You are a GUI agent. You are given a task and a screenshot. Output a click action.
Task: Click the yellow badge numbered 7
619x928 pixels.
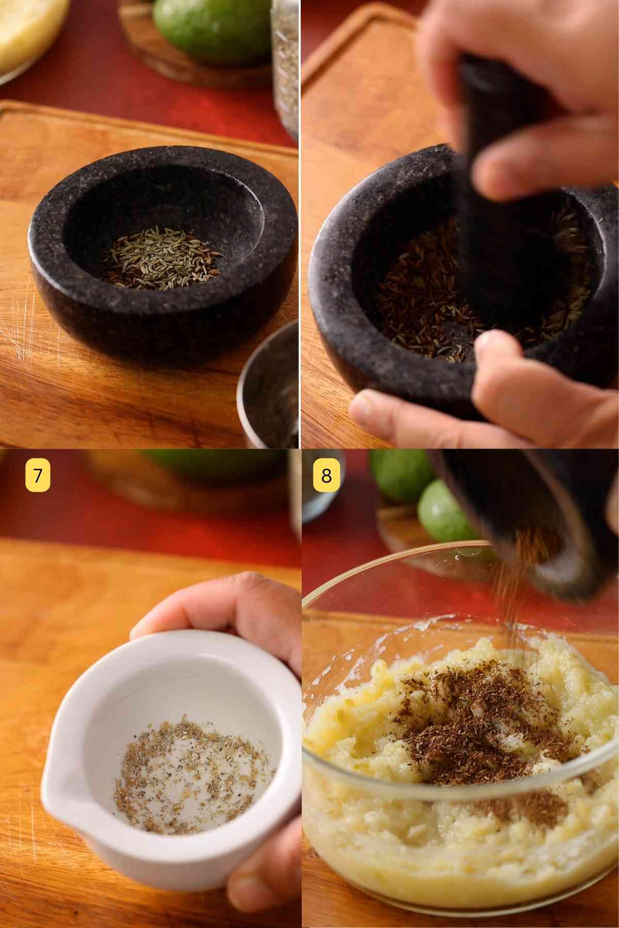point(38,476)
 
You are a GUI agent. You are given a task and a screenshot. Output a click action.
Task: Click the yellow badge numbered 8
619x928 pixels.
point(327,476)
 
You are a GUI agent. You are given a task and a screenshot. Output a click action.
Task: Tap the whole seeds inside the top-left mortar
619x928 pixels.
point(162,258)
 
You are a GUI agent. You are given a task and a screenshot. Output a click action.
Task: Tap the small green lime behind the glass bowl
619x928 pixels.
point(444,510)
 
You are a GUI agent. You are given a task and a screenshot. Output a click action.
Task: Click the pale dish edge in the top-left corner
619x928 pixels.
point(26,41)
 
